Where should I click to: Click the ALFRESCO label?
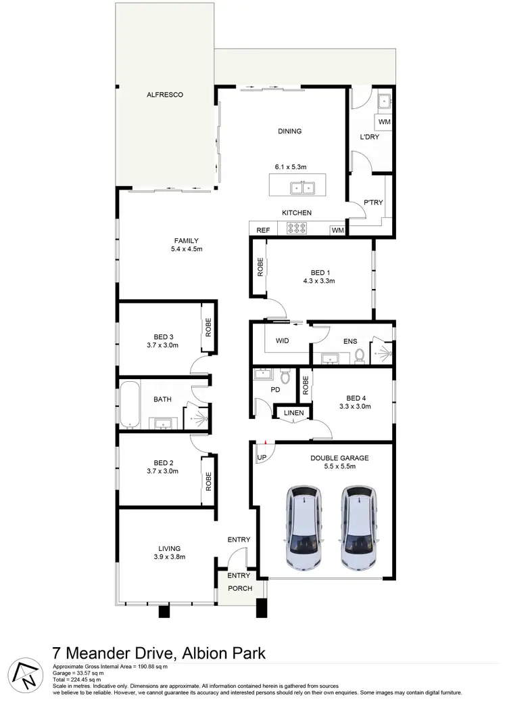pos(166,95)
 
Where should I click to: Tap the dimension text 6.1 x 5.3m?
pos(291,166)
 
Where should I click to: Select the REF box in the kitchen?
pos(263,230)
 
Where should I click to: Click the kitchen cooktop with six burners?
pos(297,229)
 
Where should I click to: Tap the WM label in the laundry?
pos(384,122)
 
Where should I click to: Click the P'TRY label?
pos(373,202)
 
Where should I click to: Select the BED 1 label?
pos(320,271)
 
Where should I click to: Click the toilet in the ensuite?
pos(360,354)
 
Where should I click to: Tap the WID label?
pos(283,340)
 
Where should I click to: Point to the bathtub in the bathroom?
pos(129,405)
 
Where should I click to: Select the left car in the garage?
pos(306,527)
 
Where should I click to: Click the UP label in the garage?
pos(260,458)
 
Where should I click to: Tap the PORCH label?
pos(239,588)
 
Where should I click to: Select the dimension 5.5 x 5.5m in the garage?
pos(339,467)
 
